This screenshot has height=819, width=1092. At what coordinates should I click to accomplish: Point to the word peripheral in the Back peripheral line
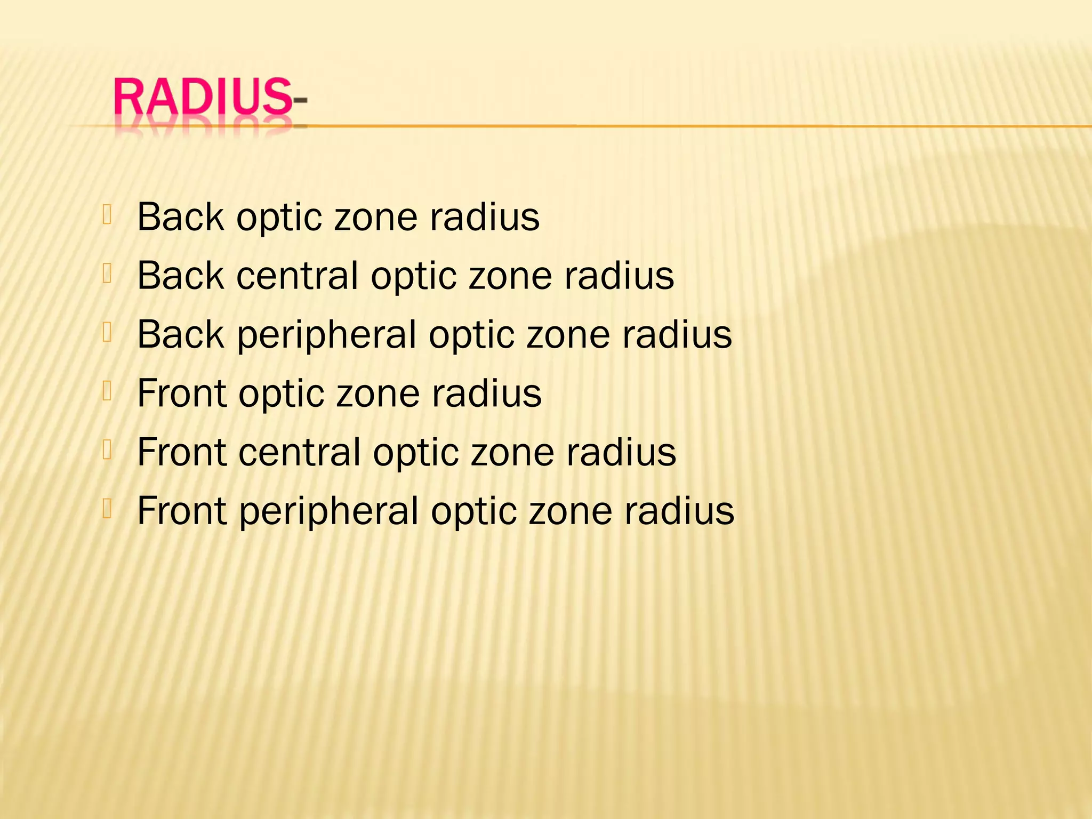click(326, 335)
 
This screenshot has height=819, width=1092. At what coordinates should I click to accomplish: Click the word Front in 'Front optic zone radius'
click(182, 394)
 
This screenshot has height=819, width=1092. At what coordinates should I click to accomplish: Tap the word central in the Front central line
click(300, 452)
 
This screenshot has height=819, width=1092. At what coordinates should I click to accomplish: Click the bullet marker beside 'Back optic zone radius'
click(107, 214)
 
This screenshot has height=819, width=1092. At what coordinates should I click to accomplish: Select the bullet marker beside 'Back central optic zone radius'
click(107, 273)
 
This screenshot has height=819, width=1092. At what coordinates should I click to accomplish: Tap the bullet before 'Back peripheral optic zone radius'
click(107, 332)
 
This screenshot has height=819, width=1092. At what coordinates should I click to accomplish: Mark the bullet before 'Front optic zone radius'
click(107, 391)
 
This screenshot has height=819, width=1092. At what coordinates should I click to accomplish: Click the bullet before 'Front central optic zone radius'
click(107, 450)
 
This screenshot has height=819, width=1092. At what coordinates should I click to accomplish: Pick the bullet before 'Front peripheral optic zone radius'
click(107, 509)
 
